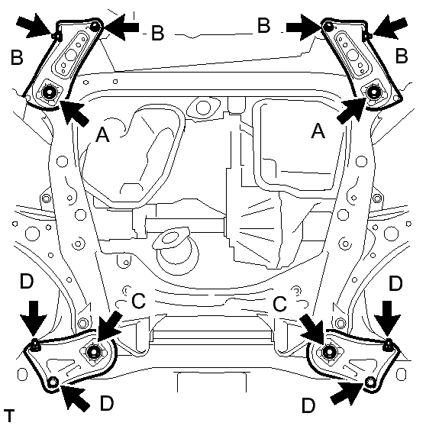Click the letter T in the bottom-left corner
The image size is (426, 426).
pos(9,415)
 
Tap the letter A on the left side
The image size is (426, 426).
pos(103,135)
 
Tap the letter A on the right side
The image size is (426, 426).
pos(318,131)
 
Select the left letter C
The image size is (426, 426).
pos(138,301)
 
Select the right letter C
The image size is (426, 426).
pos(279,304)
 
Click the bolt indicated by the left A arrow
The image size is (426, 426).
pos(49,93)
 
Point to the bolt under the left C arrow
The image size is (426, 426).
pos(93,352)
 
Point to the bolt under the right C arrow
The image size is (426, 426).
pos(330,352)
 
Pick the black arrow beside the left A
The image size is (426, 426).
pos(73,112)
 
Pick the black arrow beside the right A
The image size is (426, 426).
pos(351,111)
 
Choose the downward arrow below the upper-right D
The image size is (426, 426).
pos(387,318)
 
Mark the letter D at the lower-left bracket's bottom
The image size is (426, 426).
pos(107,403)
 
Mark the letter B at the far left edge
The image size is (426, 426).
pos(17,57)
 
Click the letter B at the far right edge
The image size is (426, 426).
pos(402,56)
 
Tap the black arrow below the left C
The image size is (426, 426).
pos(108,327)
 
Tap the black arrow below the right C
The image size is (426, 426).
pos(313,328)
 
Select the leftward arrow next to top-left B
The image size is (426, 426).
pos(121,27)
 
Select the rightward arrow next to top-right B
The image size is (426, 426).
pos(304,27)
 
